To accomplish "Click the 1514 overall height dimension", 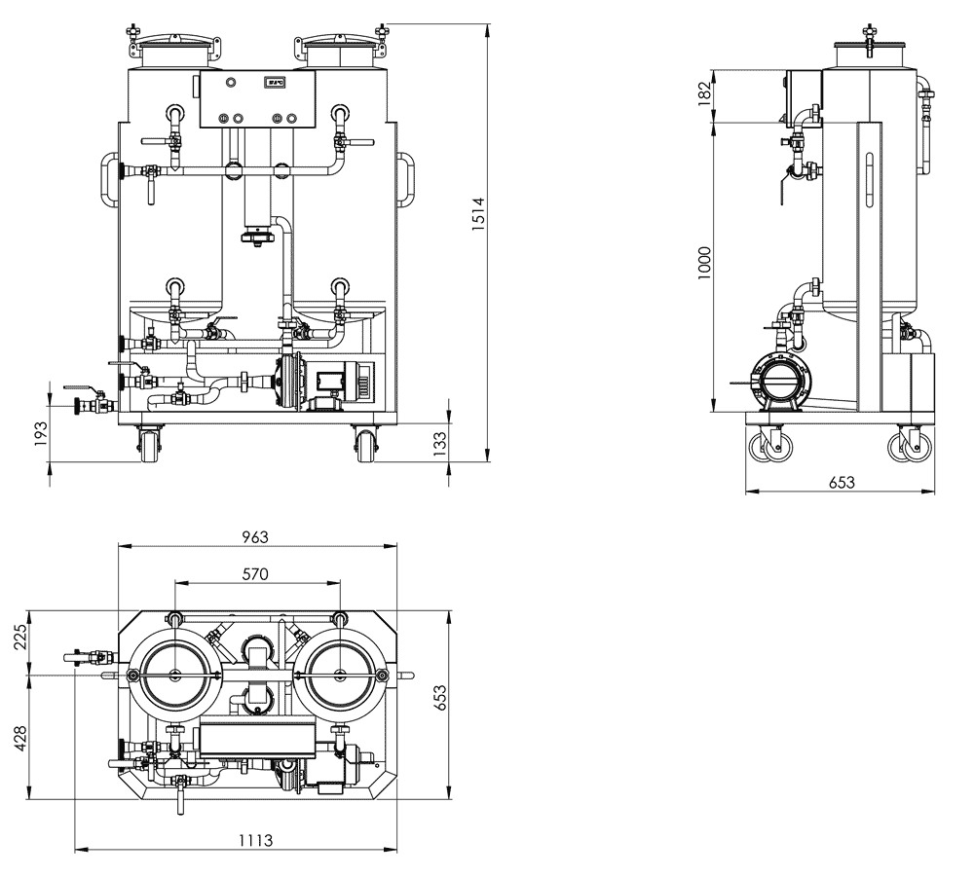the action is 477,214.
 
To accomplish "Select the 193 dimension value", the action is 40,433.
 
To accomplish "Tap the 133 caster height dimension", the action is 439,444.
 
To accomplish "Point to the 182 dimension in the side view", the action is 704,93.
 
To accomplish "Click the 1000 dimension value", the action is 704,263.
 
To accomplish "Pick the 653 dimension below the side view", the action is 842,482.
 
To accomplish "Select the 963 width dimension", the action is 255,537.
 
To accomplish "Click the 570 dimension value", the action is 255,574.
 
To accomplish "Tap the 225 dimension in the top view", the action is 21,637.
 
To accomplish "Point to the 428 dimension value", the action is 21,738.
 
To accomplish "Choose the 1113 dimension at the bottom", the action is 256,840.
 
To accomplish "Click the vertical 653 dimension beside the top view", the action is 439,698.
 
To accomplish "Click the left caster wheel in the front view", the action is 149,443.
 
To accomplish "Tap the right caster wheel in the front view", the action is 364,443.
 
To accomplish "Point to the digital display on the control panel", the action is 274,82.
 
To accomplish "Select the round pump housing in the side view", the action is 780,381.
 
